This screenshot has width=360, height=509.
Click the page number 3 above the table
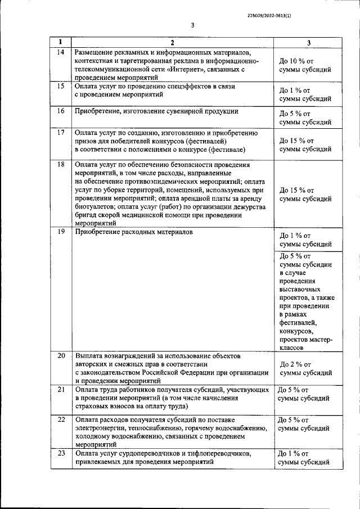(x=192, y=25)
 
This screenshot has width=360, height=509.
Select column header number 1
(x=61, y=42)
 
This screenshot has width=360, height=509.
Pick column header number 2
(x=173, y=43)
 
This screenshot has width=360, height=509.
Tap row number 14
(x=61, y=52)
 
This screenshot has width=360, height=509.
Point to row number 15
(x=61, y=87)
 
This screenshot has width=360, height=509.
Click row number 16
(x=61, y=111)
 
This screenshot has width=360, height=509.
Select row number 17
(x=61, y=133)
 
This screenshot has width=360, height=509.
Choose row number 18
(x=61, y=165)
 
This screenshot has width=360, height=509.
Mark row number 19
(x=61, y=231)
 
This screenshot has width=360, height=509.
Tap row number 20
(x=61, y=355)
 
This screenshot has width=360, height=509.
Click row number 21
(x=61, y=389)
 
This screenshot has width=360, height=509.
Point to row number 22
(x=61, y=420)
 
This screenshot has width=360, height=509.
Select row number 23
(x=61, y=453)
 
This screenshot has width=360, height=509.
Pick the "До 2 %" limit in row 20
(x=295, y=364)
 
